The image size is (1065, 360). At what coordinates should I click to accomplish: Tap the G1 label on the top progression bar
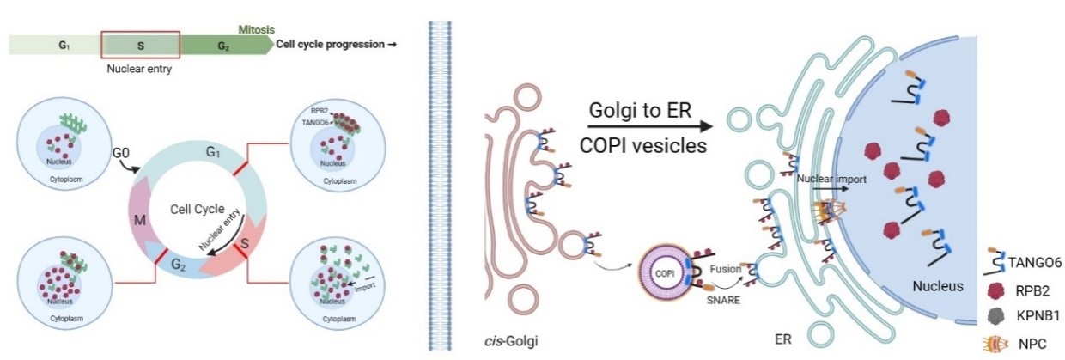coord(64,45)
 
